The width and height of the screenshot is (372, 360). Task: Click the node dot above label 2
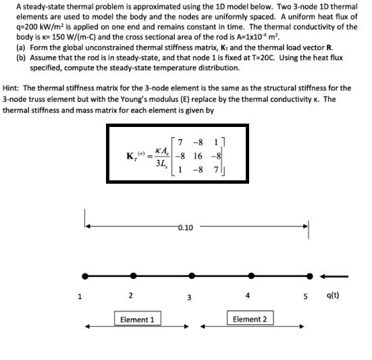click(x=131, y=276)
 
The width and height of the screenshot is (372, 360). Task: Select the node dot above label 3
click(x=192, y=276)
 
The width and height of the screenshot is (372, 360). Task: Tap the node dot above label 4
click(x=251, y=276)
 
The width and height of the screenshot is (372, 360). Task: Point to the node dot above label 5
click(x=310, y=276)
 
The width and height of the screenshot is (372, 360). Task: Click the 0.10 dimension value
click(x=185, y=228)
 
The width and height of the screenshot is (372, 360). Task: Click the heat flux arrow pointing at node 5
click(x=336, y=276)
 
